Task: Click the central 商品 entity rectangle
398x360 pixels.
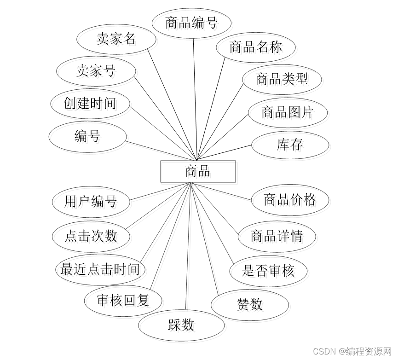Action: (198, 171)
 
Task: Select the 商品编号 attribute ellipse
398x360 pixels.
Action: (191, 23)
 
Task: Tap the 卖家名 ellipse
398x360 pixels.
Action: (116, 39)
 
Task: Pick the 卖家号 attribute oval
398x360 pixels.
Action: (96, 71)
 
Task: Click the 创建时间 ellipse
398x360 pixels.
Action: (90, 103)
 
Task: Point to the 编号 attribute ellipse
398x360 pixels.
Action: (87, 136)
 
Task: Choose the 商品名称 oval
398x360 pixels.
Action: (255, 46)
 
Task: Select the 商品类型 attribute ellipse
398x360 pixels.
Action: (282, 79)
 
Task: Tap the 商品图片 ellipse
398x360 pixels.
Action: (288, 112)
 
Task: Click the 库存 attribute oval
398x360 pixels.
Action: (290, 145)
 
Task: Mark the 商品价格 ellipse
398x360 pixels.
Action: (290, 199)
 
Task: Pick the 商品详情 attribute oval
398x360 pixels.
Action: (277, 236)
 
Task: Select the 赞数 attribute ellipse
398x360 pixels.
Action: (250, 304)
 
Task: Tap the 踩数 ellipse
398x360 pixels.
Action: (181, 325)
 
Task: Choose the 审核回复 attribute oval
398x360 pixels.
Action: (123, 301)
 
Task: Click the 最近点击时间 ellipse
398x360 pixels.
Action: (100, 269)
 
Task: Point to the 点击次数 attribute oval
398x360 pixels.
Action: (91, 236)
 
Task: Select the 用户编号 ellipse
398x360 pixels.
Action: (91, 201)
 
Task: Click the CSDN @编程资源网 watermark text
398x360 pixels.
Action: (352, 351)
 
